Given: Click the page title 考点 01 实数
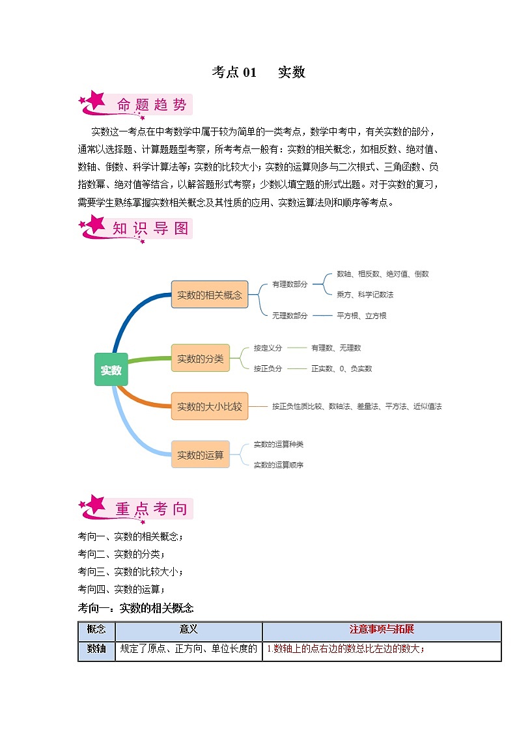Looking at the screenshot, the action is tap(258, 72).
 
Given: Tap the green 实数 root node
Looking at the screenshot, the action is tap(111, 370).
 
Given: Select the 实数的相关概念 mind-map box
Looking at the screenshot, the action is tap(210, 294).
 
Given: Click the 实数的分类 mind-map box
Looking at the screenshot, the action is tap(201, 358).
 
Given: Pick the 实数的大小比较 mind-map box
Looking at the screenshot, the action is tap(210, 406).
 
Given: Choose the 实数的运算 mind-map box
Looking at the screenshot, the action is tap(201, 454).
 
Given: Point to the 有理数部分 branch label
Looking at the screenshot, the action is tap(290, 284).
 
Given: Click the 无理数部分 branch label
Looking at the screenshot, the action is tap(290, 316).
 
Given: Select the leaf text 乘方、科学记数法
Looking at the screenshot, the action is tap(365, 294).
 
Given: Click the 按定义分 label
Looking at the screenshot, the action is tap(268, 348).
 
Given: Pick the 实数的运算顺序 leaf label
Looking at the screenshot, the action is tap(278, 465).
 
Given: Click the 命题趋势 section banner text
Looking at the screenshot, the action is tap(152, 104).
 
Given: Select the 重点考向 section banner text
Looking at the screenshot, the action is tap(151, 509).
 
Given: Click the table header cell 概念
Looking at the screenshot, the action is tap(96, 630).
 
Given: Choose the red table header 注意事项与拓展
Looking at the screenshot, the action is tap(382, 630).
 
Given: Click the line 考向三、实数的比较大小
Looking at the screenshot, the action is tap(130, 572).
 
